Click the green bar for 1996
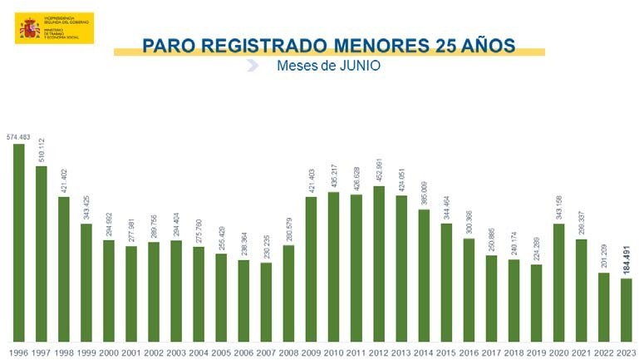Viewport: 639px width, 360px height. pos(18,242)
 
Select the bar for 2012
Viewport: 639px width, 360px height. pos(378,263)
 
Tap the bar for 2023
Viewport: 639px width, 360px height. pos(627,309)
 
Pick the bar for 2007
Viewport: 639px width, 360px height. pos(266,301)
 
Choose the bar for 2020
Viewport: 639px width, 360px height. pos(558,282)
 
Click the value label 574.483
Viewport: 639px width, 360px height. pos(18,136)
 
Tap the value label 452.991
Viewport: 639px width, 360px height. pos(378,165)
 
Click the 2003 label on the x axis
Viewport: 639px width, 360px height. pos(175,352)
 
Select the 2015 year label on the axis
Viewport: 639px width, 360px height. pos(445,352)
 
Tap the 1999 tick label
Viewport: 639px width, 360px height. pos(86,352)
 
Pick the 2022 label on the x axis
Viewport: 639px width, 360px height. pos(604,352)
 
